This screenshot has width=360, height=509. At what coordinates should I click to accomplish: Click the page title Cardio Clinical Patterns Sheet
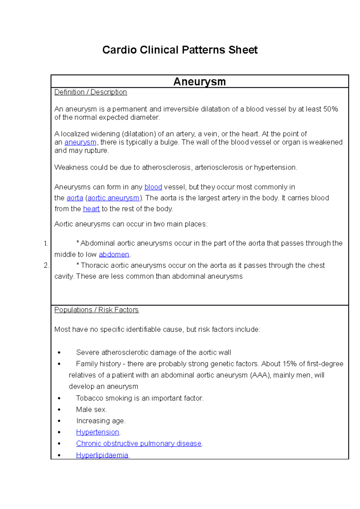click(180, 50)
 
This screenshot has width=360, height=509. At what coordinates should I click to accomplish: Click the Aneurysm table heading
click(199, 82)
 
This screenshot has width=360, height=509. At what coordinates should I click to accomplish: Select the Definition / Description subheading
click(91, 92)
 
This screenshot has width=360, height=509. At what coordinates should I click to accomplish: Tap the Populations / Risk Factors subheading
click(96, 310)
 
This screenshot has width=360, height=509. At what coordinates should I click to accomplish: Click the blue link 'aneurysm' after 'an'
click(80, 142)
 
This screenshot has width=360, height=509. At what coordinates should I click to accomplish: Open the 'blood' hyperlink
click(153, 187)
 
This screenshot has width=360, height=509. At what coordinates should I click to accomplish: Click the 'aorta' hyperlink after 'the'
click(75, 198)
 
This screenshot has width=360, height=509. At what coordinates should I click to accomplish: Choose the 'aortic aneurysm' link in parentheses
click(113, 198)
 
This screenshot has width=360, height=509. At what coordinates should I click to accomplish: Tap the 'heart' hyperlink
click(91, 209)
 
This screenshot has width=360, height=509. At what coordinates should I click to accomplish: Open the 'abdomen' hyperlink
click(114, 255)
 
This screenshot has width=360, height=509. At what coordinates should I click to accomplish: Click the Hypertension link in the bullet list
click(97, 432)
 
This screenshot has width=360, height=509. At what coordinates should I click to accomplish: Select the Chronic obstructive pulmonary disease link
click(139, 443)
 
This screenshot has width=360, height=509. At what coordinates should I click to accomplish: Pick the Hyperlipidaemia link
click(102, 455)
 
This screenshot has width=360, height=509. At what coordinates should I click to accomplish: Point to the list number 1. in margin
click(46, 243)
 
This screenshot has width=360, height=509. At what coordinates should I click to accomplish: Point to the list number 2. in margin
click(46, 265)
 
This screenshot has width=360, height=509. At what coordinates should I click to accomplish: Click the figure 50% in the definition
click(331, 109)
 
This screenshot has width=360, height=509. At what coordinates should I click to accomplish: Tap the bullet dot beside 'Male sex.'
click(59, 410)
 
